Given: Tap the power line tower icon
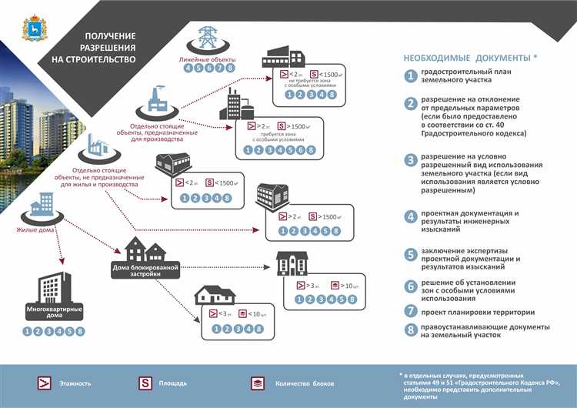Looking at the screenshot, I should (207, 38).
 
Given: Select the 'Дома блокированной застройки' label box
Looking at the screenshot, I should (145, 269).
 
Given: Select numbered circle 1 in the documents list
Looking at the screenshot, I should (412, 76).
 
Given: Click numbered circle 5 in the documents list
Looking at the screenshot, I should (412, 254).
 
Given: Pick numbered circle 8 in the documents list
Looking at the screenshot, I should (412, 330).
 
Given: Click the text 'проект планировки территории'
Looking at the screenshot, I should (477, 312).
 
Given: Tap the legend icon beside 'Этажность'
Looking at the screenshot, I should (46, 383).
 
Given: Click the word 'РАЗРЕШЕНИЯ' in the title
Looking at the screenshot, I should (105, 47).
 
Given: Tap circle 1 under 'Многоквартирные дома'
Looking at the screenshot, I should (28, 332).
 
